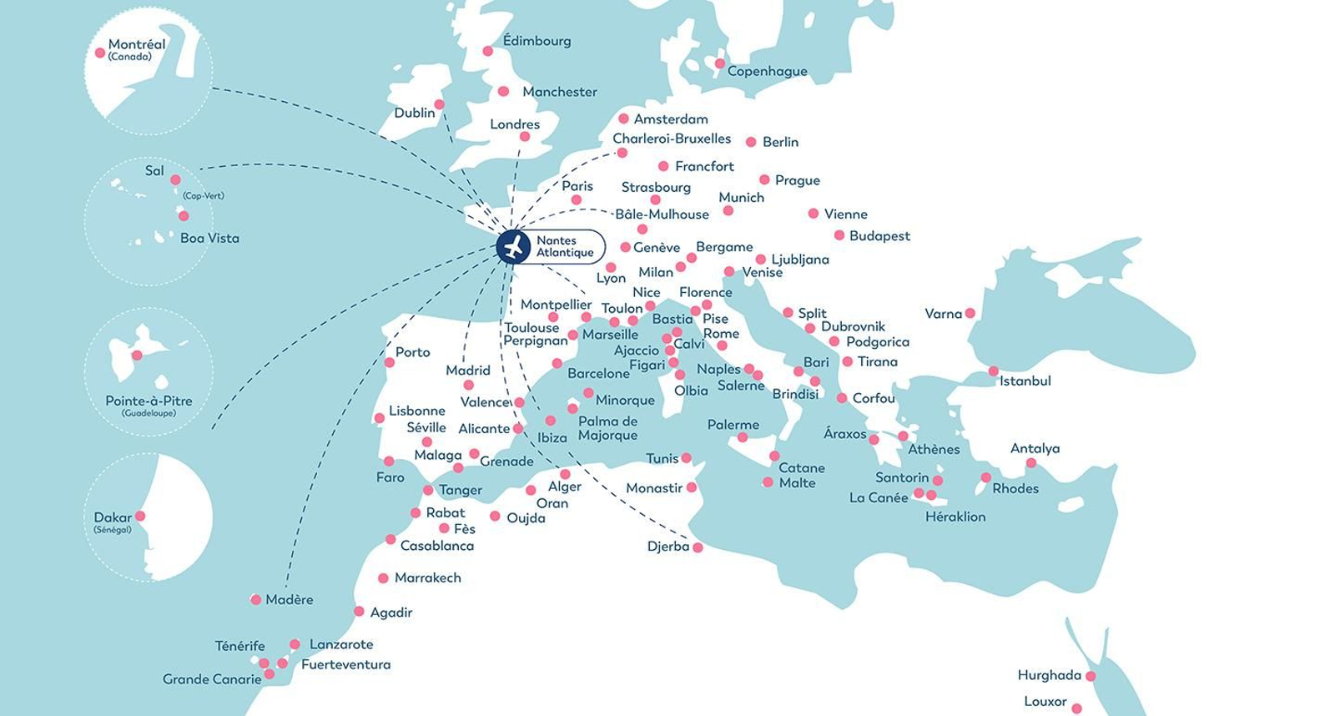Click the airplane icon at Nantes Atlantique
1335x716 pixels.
tap(513, 247)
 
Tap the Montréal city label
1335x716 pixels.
tap(137, 44)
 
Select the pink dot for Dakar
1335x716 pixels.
tap(140, 516)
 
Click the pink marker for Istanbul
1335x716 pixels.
tap(993, 371)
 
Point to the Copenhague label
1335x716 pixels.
tap(767, 72)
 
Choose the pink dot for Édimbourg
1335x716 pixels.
tap(488, 52)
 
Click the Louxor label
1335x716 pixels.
tap(1045, 702)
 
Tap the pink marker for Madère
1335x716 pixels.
tap(256, 599)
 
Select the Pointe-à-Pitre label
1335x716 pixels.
tap(149, 401)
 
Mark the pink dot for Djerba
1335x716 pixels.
tap(698, 547)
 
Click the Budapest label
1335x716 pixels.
tap(879, 236)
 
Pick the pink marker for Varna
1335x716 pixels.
tap(970, 314)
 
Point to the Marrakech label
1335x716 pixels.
tap(427, 577)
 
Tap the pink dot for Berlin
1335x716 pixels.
tap(751, 143)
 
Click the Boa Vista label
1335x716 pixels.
tap(209, 239)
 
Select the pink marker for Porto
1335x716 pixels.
tap(390, 362)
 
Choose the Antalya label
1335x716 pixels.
tap(1035, 449)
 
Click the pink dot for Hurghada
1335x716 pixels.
tap(1090, 676)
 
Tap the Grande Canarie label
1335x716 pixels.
tap(212, 679)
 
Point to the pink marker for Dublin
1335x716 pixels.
tap(440, 105)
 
